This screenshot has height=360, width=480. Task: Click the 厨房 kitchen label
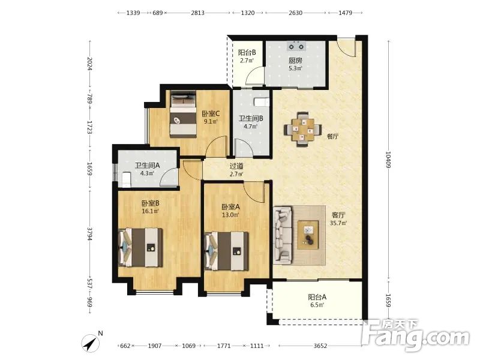point(295,61)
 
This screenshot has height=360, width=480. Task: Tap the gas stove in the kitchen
point(296,46)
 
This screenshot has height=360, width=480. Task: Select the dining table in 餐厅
point(302,129)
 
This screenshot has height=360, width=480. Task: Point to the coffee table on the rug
point(308,235)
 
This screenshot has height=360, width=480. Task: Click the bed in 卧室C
point(184,114)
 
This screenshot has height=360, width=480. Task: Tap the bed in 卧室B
point(140,247)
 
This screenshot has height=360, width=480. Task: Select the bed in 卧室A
point(227,251)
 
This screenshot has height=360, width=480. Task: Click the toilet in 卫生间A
point(126,179)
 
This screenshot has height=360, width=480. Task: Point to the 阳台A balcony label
point(317,297)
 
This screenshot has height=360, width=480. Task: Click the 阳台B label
point(247,52)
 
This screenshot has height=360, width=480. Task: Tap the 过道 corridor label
point(236,166)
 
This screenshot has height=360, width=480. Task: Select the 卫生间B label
point(251,118)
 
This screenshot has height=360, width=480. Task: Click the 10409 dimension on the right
point(388,160)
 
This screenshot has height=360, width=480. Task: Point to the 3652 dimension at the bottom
point(320,346)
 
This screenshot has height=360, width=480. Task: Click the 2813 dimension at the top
point(198,13)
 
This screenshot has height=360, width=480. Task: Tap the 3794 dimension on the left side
point(89,233)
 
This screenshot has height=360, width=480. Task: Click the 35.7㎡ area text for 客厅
point(338,223)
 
